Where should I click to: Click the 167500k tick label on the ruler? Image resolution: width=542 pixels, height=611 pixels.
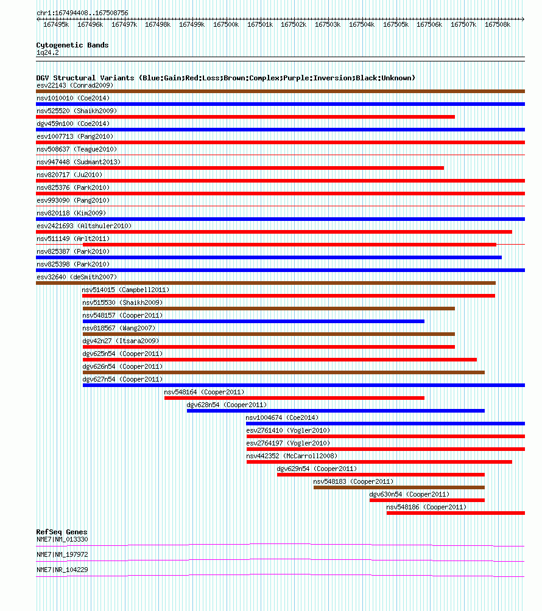226,24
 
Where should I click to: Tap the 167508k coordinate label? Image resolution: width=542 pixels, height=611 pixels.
498,24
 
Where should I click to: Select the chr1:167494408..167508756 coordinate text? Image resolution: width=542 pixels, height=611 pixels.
82,13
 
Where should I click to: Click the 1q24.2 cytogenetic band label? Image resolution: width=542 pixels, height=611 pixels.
48,52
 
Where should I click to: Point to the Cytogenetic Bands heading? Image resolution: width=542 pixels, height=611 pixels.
72,45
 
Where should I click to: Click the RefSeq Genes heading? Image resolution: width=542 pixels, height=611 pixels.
62,532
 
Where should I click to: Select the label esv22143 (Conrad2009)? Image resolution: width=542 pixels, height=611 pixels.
75,85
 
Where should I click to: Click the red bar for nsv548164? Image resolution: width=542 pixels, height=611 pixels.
294,398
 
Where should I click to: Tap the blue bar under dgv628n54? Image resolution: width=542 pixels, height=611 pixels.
336,411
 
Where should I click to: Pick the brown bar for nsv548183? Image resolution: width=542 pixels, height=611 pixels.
399,487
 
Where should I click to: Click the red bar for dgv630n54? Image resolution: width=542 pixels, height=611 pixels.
428,500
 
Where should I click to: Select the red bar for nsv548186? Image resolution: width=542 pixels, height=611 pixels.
456,513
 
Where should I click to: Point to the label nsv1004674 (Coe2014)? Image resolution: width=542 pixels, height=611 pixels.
283,417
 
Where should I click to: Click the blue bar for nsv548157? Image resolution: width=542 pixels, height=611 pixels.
253,321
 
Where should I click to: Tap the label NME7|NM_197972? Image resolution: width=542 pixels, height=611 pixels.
62,554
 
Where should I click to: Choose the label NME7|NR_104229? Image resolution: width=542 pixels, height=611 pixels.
62,570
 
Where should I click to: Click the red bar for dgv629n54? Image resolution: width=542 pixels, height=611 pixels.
381,475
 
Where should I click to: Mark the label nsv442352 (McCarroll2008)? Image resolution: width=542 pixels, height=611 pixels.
292,456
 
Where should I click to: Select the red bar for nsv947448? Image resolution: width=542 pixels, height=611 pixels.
240,168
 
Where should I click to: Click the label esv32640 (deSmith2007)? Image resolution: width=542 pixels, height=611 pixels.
77,277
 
